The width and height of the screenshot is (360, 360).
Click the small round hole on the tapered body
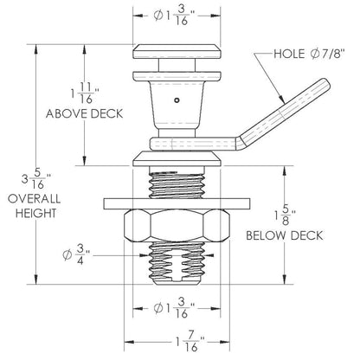tap(177, 100)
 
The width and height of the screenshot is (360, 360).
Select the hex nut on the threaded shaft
tap(177, 226)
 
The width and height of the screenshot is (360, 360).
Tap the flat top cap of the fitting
tap(176, 50)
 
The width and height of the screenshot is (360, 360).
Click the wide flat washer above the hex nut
tap(177, 204)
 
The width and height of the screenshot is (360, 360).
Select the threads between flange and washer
tap(177, 184)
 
